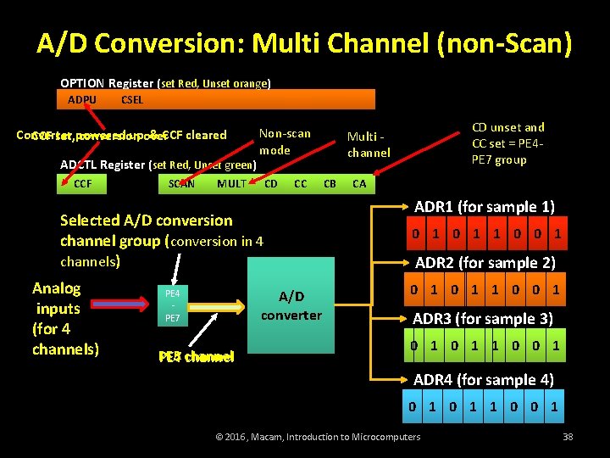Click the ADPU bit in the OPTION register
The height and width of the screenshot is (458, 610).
[x=82, y=99]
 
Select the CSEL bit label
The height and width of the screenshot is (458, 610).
[x=132, y=99]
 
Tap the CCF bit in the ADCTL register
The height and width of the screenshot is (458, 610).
[x=83, y=183]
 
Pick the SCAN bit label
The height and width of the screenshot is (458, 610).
[x=181, y=183]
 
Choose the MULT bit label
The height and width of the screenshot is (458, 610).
[x=231, y=183]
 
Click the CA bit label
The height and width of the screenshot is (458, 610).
[x=359, y=183]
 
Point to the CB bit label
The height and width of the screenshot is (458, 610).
[x=330, y=183]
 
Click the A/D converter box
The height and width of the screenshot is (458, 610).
[x=291, y=305]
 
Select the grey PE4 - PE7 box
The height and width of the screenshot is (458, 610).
[x=172, y=305]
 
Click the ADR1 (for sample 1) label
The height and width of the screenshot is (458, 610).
[x=485, y=207]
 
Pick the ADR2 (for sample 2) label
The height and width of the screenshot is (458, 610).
[x=485, y=263]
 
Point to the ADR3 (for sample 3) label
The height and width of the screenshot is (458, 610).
[x=483, y=319]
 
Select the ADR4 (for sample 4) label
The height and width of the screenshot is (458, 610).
[x=484, y=380]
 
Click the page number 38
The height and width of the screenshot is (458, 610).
[x=568, y=437]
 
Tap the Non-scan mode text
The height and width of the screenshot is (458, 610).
[x=285, y=142]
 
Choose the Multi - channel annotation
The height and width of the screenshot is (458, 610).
[x=369, y=144]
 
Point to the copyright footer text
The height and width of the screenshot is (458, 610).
[x=319, y=437]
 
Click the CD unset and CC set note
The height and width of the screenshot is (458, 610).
[x=508, y=143]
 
